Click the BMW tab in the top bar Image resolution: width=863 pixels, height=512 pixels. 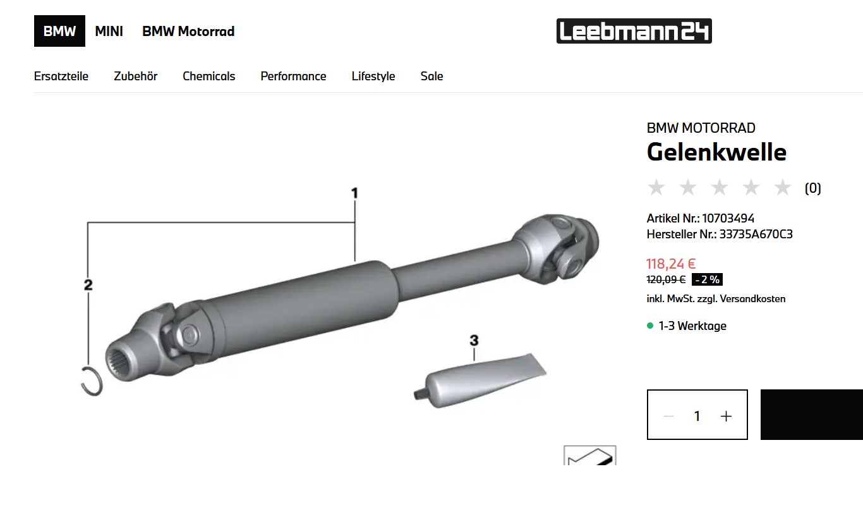click(59, 31)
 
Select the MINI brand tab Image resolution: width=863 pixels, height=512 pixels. click(109, 31)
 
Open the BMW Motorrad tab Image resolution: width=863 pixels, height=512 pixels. click(188, 31)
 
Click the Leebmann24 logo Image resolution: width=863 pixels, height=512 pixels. click(634, 31)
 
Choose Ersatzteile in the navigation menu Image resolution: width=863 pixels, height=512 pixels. click(61, 76)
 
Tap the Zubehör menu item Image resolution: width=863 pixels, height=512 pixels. click(135, 76)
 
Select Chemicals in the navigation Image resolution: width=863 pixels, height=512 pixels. click(209, 76)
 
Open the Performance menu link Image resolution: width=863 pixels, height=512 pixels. click(293, 76)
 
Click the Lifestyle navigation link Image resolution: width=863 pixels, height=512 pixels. click(373, 76)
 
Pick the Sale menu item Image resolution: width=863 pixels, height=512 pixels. click(431, 76)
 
